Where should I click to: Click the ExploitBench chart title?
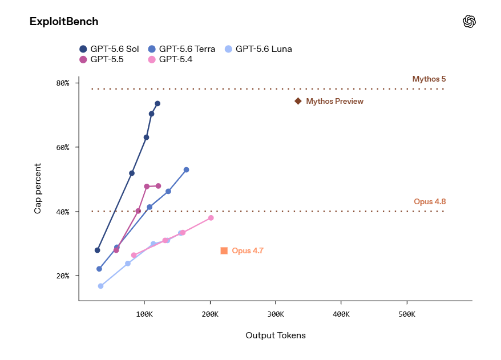(x=64, y=22)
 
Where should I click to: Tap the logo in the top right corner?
(x=469, y=22)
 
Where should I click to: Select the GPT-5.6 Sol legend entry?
(x=109, y=49)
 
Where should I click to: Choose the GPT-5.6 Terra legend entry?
(x=181, y=49)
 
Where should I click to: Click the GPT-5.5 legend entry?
(x=102, y=59)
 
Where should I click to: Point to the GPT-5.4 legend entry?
(x=170, y=59)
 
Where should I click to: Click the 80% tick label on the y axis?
(x=63, y=83)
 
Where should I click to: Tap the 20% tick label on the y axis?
(x=63, y=276)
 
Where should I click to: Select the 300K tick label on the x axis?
(x=276, y=314)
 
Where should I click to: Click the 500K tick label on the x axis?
(x=407, y=314)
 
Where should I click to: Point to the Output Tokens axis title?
(x=276, y=335)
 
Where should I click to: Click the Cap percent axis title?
(x=38, y=188)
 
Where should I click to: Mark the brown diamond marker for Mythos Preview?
(x=298, y=101)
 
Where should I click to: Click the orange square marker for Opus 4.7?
(x=224, y=251)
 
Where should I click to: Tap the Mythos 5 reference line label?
(x=429, y=79)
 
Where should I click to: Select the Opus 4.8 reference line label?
(x=430, y=201)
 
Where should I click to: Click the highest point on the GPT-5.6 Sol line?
(x=157, y=103)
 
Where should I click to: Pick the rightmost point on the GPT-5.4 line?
(x=211, y=218)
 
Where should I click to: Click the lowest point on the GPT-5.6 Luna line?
(x=100, y=286)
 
